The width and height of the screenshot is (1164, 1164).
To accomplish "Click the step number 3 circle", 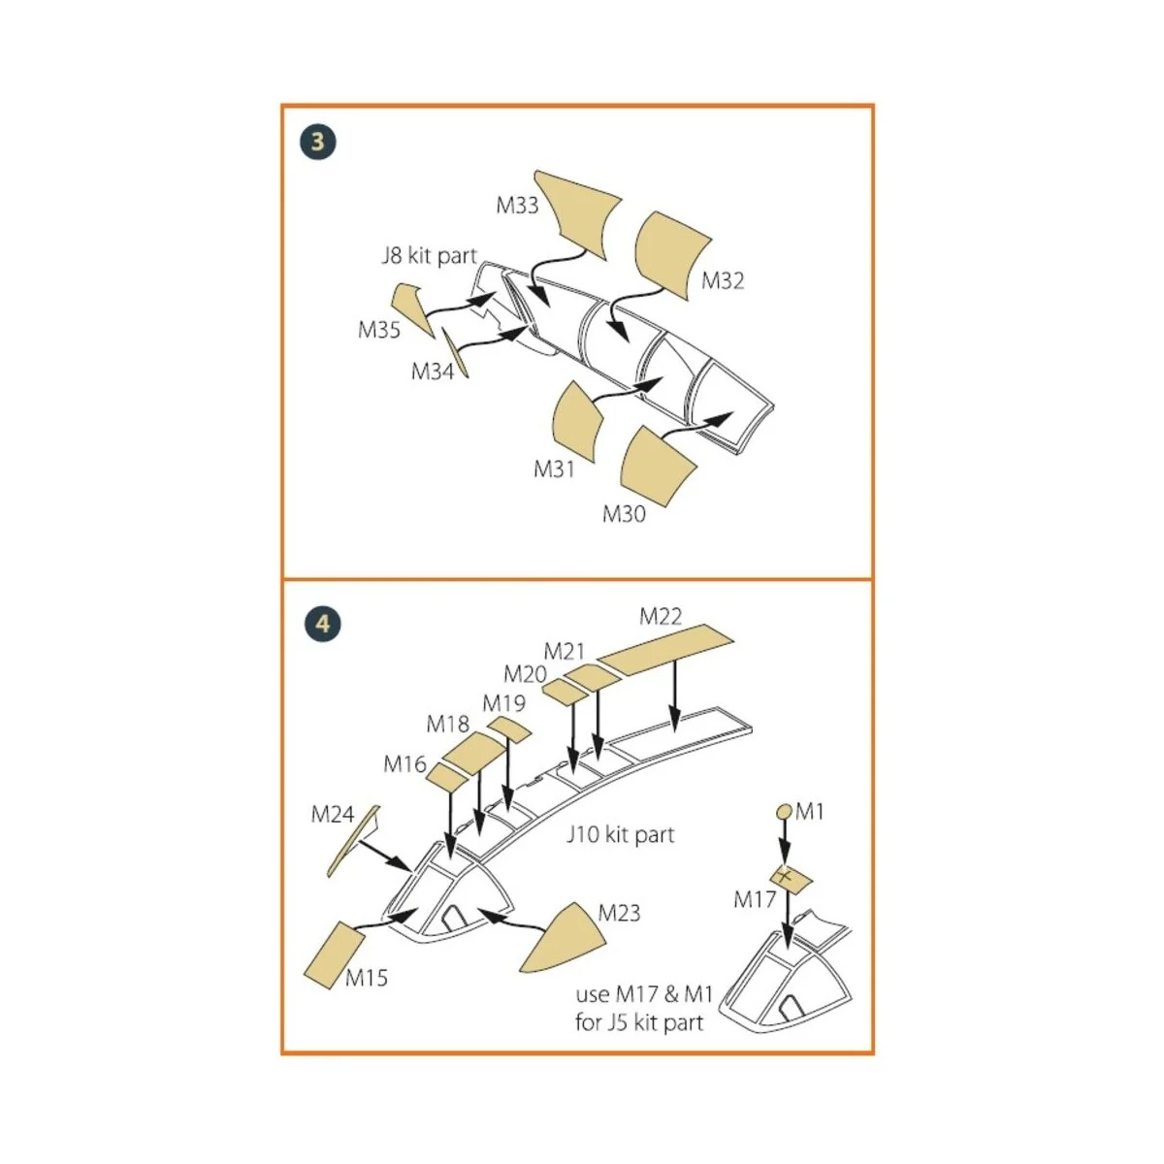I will coord(318,143).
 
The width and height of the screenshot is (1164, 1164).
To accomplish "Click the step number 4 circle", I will coord(322,622).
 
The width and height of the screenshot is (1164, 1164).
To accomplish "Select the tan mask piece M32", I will coord(671,253).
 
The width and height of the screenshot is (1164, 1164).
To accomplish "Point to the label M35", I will coord(379,330).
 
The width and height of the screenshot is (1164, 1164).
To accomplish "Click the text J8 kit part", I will coord(429,256).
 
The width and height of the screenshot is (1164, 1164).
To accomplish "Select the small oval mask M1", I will coord(785,812).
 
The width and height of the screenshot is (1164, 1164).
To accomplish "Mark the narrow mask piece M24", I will coord(351,840).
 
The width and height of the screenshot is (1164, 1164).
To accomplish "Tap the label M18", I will coord(447,724).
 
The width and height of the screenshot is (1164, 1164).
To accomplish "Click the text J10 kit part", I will coord(620,834).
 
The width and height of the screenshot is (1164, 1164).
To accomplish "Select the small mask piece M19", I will coord(509,729).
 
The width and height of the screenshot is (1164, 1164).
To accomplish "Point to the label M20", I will coord(525,674).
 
